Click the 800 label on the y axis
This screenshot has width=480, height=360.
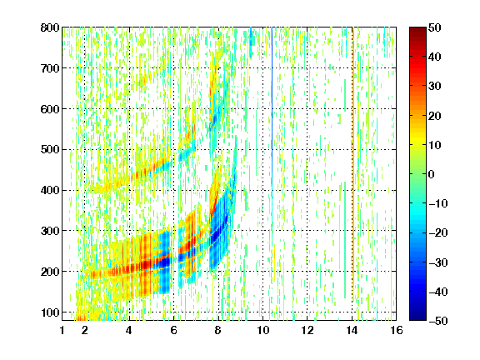click(50, 27)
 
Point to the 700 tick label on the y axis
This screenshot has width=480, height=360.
click(50, 68)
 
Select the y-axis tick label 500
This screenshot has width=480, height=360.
click(50, 150)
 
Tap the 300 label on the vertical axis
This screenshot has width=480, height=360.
click(50, 231)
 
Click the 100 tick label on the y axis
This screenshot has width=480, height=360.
click(50, 312)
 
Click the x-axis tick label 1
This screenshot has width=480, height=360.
click(62, 330)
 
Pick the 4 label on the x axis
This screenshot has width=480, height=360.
click(129, 330)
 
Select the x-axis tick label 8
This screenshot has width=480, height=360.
click(217, 330)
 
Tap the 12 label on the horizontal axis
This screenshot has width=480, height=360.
click(307, 330)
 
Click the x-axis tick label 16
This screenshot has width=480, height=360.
click(396, 330)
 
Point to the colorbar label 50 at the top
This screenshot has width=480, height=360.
click(434, 27)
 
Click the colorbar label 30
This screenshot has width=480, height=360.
click(434, 87)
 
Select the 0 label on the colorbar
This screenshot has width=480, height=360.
click(432, 174)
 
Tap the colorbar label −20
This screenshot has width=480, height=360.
click(438, 233)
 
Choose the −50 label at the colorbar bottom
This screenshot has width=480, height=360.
click(438, 321)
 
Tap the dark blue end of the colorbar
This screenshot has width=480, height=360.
click(417, 317)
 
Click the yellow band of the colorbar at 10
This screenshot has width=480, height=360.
click(417, 144)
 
